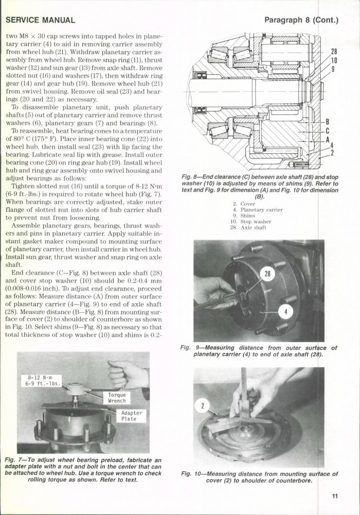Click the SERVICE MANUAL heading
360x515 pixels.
pyautogui.click(x=41, y=20)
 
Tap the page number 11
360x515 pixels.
pyautogui.click(x=335, y=496)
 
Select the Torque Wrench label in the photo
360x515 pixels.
pyautogui.click(x=117, y=397)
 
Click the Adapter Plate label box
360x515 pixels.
pyautogui.click(x=131, y=416)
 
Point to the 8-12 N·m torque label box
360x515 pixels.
pyautogui.click(x=42, y=381)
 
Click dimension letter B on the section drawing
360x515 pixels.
pyautogui.click(x=327, y=122)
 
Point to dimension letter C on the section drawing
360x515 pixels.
pyautogui.click(x=327, y=131)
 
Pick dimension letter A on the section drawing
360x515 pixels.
pyautogui.click(x=327, y=139)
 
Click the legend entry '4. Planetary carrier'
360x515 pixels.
pyautogui.click(x=256, y=210)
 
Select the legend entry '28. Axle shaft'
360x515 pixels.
pyautogui.click(x=248, y=228)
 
